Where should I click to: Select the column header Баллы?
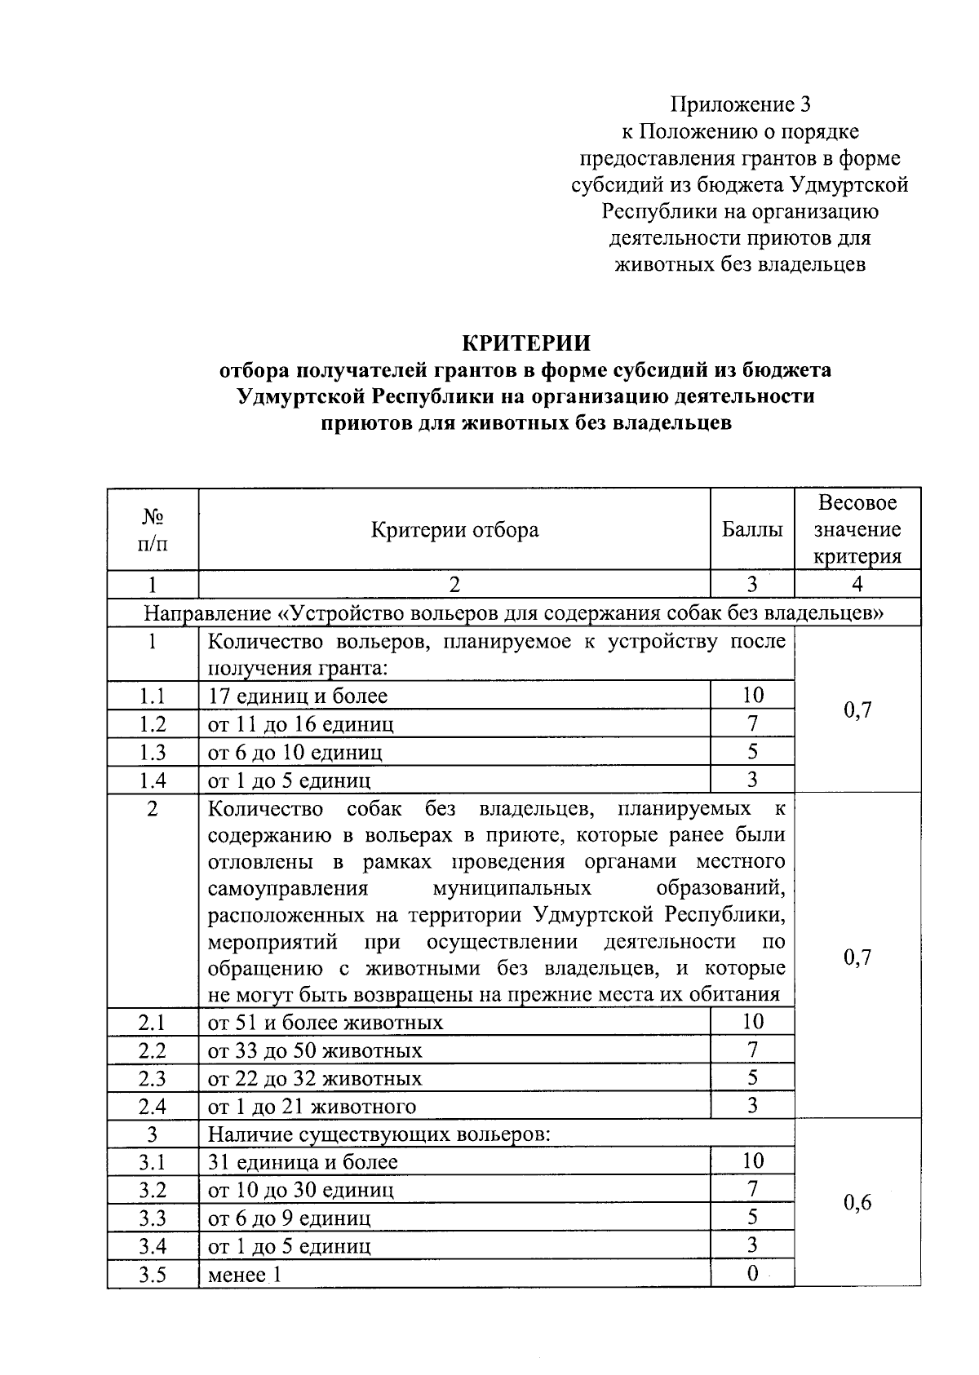click(752, 530)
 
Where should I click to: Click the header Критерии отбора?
click(454, 530)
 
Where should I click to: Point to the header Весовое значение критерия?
click(857, 530)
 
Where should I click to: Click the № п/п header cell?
click(153, 530)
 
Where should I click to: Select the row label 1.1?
click(153, 696)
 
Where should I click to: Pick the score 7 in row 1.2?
click(752, 723)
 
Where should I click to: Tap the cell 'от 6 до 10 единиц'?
click(295, 752)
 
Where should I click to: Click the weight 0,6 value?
click(857, 1202)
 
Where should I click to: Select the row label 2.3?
click(153, 1078)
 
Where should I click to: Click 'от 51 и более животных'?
click(326, 1023)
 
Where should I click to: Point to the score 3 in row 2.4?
click(752, 1106)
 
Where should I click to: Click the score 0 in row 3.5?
click(752, 1274)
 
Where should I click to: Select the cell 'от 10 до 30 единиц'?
click(301, 1190)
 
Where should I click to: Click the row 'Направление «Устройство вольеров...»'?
click(514, 612)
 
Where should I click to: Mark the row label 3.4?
click(153, 1246)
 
